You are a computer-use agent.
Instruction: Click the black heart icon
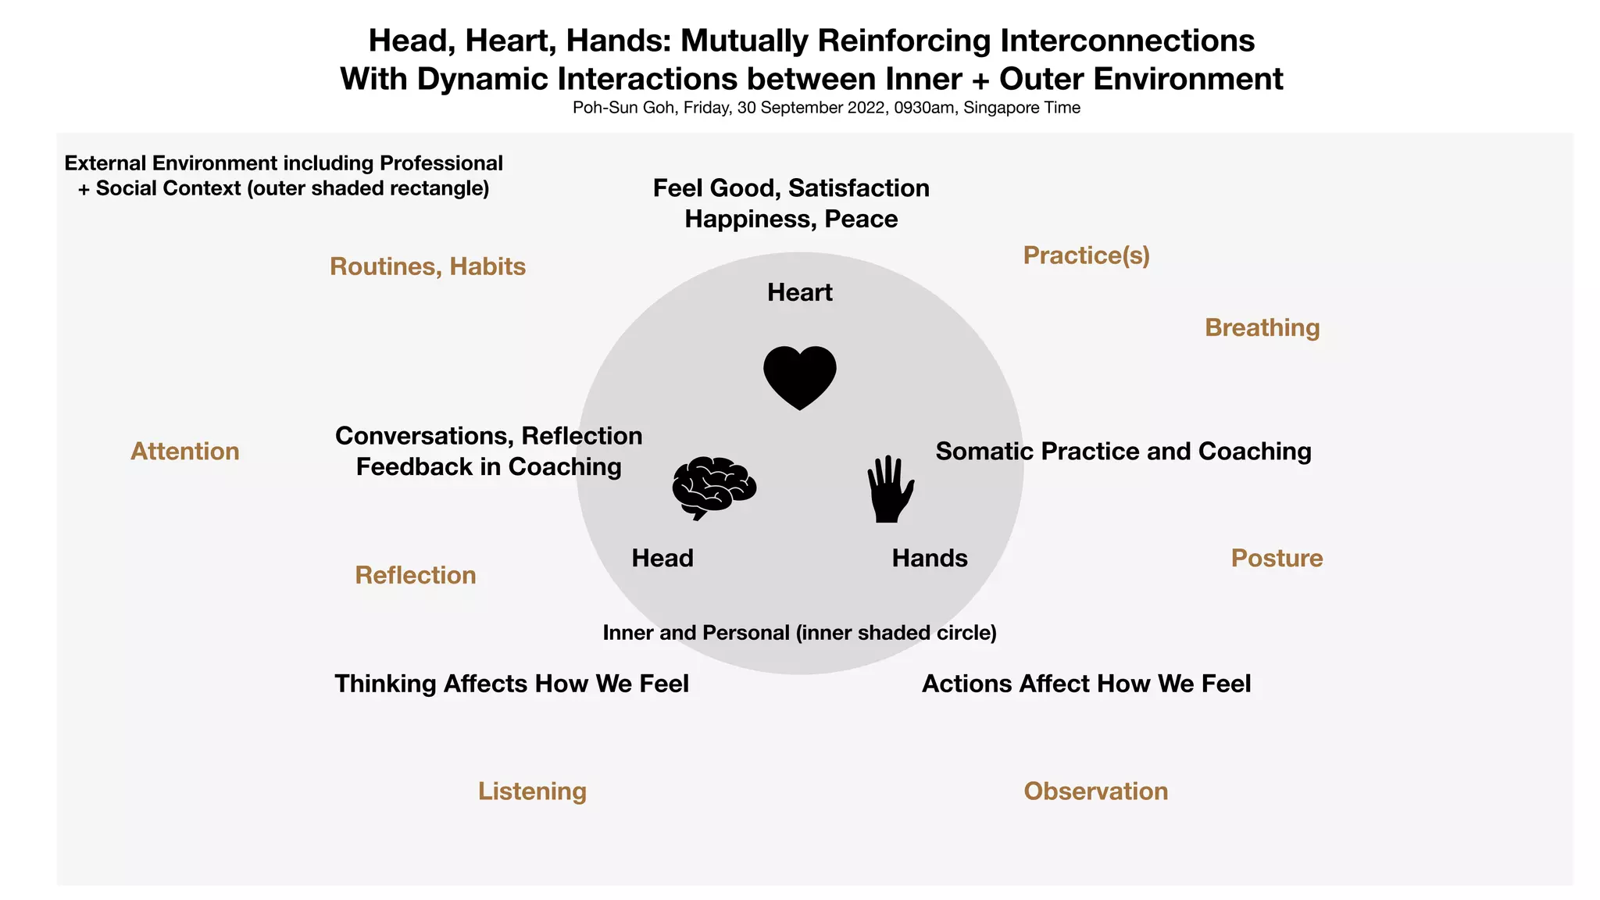tap(799, 377)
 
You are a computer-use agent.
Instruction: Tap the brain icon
tap(713, 487)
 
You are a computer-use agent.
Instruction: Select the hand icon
tap(890, 490)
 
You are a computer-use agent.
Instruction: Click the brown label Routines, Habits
tap(427, 266)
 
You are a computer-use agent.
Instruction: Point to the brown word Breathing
tap(1262, 327)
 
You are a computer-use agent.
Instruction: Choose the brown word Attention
tap(184, 451)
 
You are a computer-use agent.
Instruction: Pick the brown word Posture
tap(1277, 558)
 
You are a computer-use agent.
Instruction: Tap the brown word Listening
tap(532, 791)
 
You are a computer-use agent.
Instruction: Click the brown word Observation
tap(1095, 791)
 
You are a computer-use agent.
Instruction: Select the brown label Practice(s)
tap(1086, 255)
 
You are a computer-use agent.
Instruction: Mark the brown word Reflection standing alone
tap(415, 575)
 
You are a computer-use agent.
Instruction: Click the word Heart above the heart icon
tap(799, 292)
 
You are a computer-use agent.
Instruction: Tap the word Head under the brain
tap(662, 558)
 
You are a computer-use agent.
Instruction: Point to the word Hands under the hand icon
tap(930, 558)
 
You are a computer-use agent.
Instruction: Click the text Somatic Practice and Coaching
tap(1123, 451)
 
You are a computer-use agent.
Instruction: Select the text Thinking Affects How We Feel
tap(512, 684)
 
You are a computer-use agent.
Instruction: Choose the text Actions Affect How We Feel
tap(1086, 684)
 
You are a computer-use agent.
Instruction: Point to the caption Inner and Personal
tap(697, 632)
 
